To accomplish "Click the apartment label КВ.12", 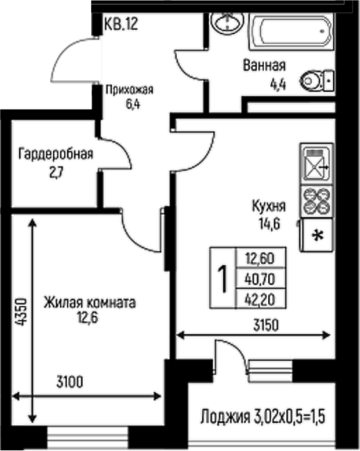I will (x=121, y=25).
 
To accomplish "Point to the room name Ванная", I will (x=265, y=66).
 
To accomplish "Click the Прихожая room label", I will (x=129, y=89).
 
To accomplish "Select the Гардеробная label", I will (x=56, y=154).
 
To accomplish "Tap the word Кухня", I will (x=269, y=206).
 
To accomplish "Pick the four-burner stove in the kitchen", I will (x=317, y=201).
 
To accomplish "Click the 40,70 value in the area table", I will (x=260, y=278).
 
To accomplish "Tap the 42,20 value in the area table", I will (x=260, y=297).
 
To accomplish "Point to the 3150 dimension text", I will (x=266, y=324).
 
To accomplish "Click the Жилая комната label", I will (x=89, y=303).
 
